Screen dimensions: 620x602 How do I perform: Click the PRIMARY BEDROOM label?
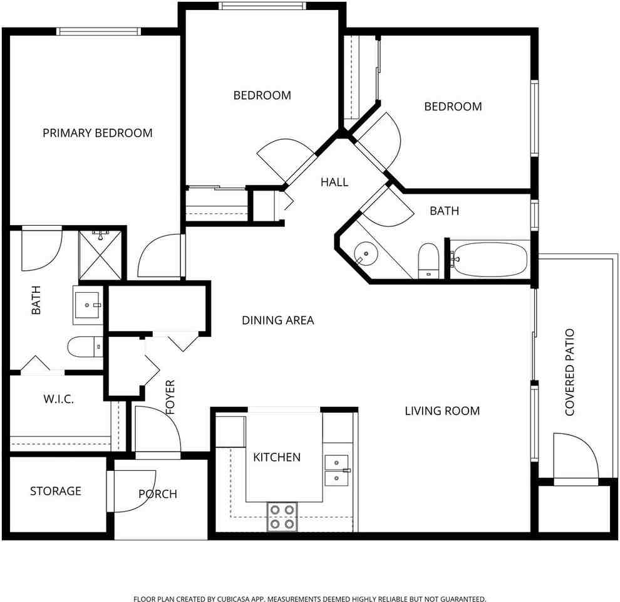(97, 133)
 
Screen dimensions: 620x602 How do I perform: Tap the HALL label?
(334, 182)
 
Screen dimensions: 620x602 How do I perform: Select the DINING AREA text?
(278, 320)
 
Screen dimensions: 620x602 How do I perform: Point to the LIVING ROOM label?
(442, 411)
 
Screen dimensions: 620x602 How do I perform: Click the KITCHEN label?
(277, 457)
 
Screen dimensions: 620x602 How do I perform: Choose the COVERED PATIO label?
(569, 372)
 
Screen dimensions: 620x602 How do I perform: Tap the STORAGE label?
(56, 491)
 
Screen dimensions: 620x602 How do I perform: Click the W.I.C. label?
(58, 399)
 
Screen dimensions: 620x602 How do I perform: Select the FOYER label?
(170, 397)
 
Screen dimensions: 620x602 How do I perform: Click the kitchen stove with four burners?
(282, 517)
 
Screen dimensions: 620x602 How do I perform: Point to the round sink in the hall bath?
(366, 253)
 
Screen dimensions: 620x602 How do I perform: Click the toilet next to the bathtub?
(428, 261)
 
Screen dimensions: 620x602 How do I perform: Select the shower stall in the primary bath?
(100, 255)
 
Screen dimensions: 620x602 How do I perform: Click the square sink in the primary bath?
(88, 305)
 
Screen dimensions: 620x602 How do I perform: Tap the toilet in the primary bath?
(85, 347)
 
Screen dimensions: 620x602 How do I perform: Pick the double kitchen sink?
(336, 470)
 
